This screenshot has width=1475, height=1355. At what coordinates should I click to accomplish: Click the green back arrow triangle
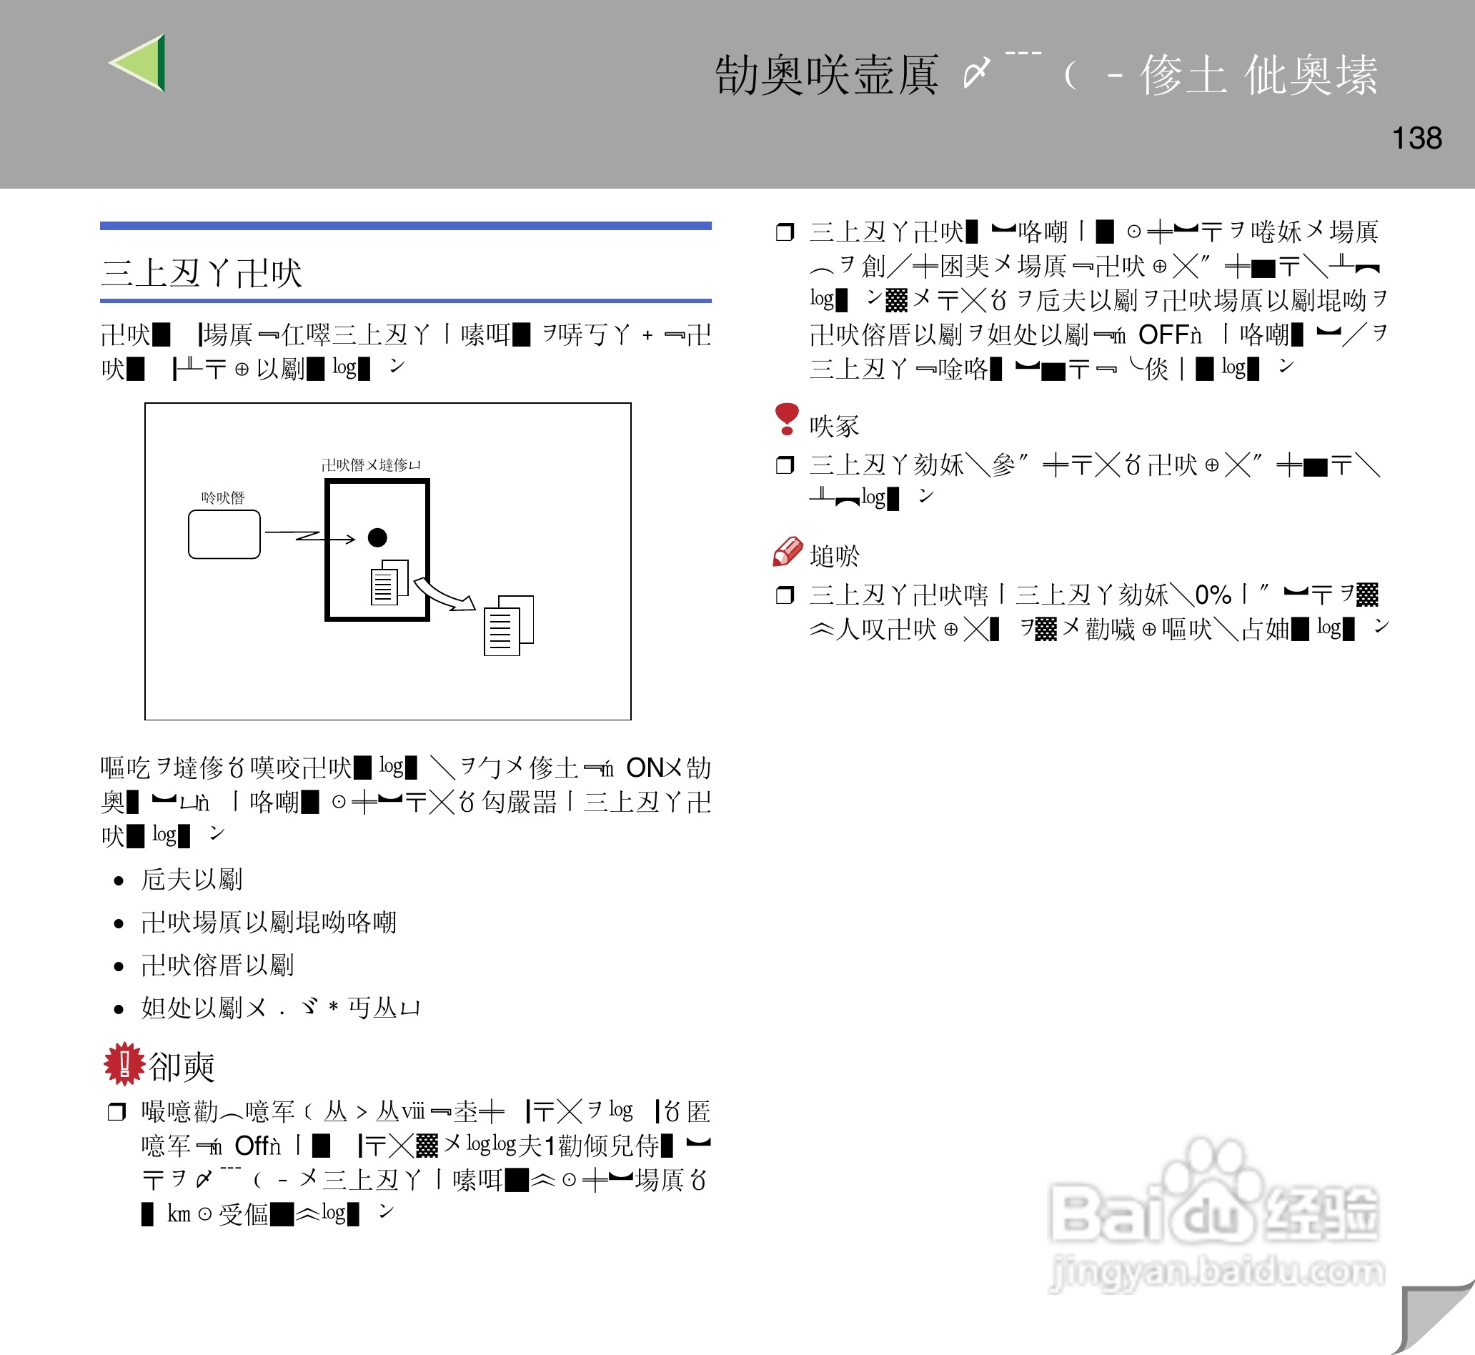[141, 63]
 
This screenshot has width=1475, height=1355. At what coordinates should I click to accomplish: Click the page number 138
[1416, 139]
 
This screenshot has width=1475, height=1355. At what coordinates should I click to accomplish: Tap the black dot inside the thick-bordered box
[377, 537]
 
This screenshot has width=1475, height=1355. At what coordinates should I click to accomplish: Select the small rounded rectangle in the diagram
[224, 535]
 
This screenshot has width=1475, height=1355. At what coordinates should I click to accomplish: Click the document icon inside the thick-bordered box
[389, 583]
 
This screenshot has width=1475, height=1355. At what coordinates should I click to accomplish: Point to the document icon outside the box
[507, 625]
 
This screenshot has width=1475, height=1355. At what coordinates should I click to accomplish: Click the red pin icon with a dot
[787, 418]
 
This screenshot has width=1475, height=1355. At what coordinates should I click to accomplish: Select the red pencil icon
[788, 552]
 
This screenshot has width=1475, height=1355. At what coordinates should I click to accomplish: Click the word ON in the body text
[645, 768]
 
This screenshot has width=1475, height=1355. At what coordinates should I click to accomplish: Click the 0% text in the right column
[1213, 595]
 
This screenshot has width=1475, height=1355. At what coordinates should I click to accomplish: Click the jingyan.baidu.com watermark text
[1217, 1271]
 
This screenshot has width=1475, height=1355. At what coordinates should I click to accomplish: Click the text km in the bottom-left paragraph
[179, 1213]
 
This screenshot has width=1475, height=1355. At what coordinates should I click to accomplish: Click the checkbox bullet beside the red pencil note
[785, 595]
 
